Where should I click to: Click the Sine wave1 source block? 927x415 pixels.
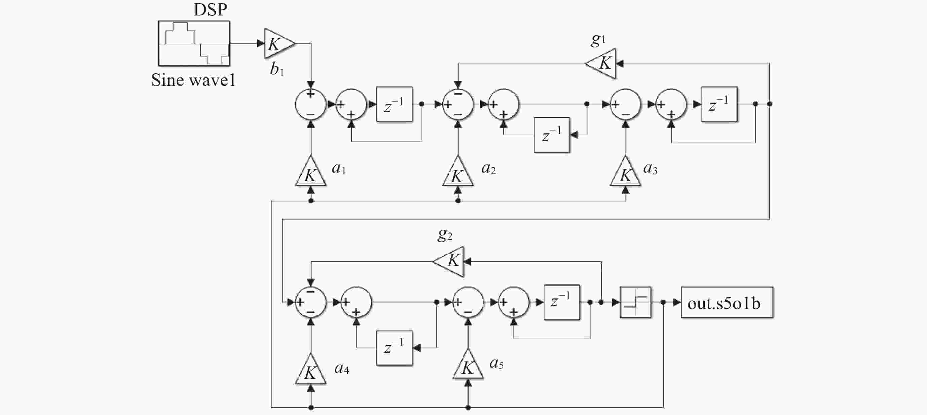(x=194, y=43)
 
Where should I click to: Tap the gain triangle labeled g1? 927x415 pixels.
(x=600, y=64)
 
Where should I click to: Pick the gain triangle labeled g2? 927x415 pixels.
(x=448, y=262)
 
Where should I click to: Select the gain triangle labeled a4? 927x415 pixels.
(x=311, y=369)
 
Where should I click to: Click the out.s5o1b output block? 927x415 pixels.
(x=727, y=302)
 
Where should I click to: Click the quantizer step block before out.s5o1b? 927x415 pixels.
(x=635, y=302)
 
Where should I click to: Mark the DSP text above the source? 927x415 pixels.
(x=211, y=9)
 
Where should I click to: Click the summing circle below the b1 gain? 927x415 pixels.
(x=310, y=104)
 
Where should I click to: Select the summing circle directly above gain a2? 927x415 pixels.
(x=458, y=104)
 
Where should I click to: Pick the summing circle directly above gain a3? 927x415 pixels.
(x=625, y=104)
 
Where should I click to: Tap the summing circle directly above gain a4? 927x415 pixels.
(x=311, y=302)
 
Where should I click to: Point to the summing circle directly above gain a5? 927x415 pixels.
(x=468, y=302)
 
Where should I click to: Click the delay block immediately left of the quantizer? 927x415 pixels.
(x=562, y=302)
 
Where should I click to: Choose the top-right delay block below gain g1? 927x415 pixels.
(x=719, y=104)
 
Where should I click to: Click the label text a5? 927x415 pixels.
(x=496, y=364)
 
